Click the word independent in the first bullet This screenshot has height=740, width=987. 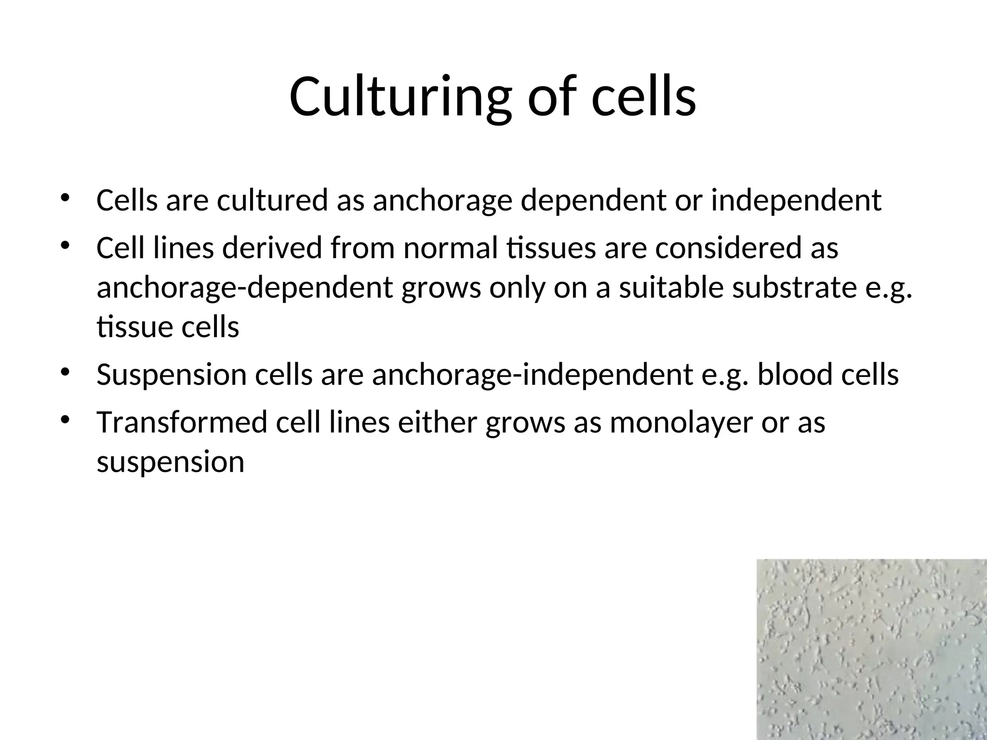796,200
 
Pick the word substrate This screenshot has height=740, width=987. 792,288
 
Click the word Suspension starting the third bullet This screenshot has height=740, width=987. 172,375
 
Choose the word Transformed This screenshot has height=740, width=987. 182,422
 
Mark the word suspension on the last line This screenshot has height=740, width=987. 171,462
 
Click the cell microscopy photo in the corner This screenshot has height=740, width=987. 871,649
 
